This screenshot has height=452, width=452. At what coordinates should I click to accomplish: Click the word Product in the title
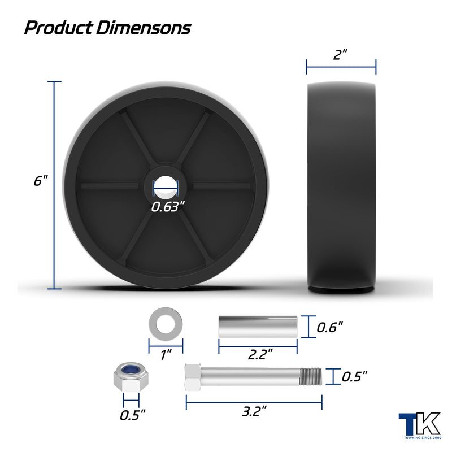(59, 28)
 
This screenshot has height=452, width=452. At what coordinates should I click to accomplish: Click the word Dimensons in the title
(144, 28)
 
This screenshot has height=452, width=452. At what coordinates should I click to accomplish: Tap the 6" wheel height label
(40, 181)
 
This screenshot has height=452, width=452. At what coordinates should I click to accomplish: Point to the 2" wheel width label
(340, 54)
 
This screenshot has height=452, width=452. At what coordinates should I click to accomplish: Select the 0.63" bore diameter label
(167, 207)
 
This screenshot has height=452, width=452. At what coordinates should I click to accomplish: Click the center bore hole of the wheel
(166, 187)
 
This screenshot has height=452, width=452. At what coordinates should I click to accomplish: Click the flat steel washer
(166, 324)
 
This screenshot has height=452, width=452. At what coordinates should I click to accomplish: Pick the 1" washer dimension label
(166, 355)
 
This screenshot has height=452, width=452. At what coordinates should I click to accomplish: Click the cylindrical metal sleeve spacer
(258, 327)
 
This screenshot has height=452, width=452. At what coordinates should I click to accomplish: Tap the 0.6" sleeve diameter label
(330, 328)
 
